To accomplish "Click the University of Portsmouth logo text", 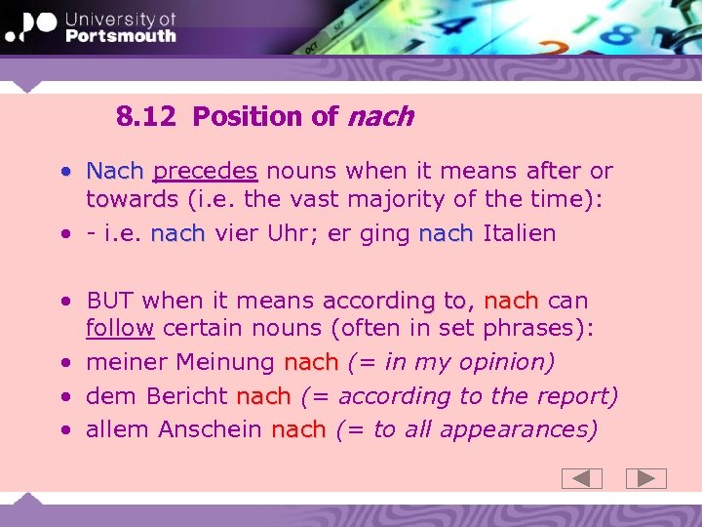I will (x=120, y=27).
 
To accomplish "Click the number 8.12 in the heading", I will (x=145, y=117).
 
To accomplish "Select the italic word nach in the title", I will (x=380, y=117).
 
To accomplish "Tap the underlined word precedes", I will (x=205, y=171).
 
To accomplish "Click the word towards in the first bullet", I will (x=132, y=200).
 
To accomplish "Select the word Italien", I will (x=519, y=234).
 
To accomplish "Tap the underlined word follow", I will (x=120, y=328).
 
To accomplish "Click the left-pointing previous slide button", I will (x=582, y=478).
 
